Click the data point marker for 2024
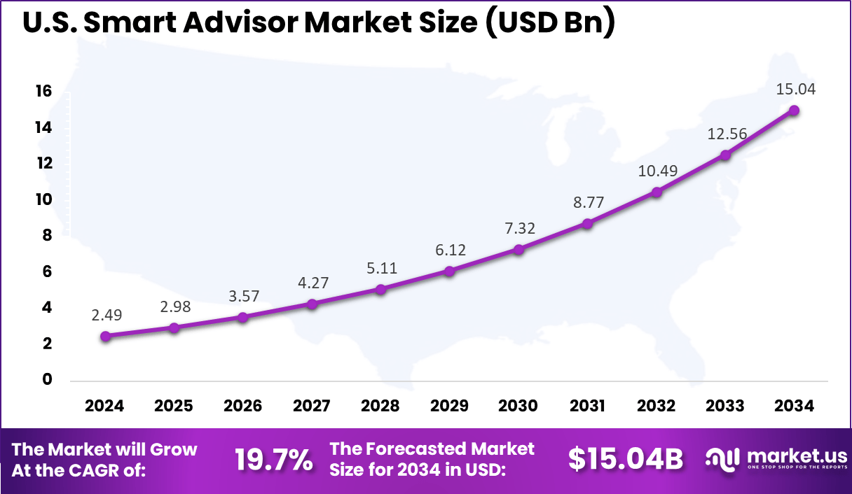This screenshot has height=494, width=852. click(x=105, y=336)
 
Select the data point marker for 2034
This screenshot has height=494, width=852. click(x=794, y=111)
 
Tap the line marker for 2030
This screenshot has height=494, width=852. click(x=518, y=249)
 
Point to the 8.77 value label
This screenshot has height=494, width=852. click(x=588, y=202)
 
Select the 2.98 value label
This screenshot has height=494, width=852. click(x=174, y=306)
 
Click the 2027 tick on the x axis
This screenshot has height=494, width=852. click(x=312, y=406)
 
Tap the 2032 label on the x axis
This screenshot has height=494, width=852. click(x=657, y=406)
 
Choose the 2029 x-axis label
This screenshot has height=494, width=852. click(x=450, y=406)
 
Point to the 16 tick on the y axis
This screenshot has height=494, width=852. click(x=44, y=92)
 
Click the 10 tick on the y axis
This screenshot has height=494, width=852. click(x=44, y=199)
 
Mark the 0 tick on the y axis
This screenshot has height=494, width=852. click(x=48, y=379)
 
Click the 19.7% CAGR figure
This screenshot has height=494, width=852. click(x=273, y=459)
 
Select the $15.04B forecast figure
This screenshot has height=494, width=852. click(x=625, y=459)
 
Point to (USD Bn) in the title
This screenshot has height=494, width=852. click(x=549, y=23)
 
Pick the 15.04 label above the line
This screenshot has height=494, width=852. click(x=795, y=90)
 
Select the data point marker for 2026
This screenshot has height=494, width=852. click(x=243, y=317)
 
